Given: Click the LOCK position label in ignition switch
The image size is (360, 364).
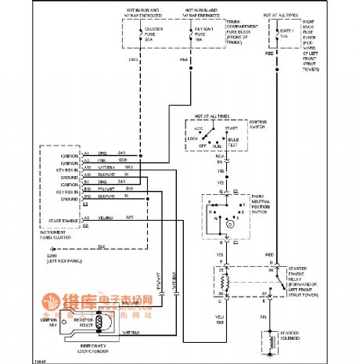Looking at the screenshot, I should (x=193, y=137).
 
